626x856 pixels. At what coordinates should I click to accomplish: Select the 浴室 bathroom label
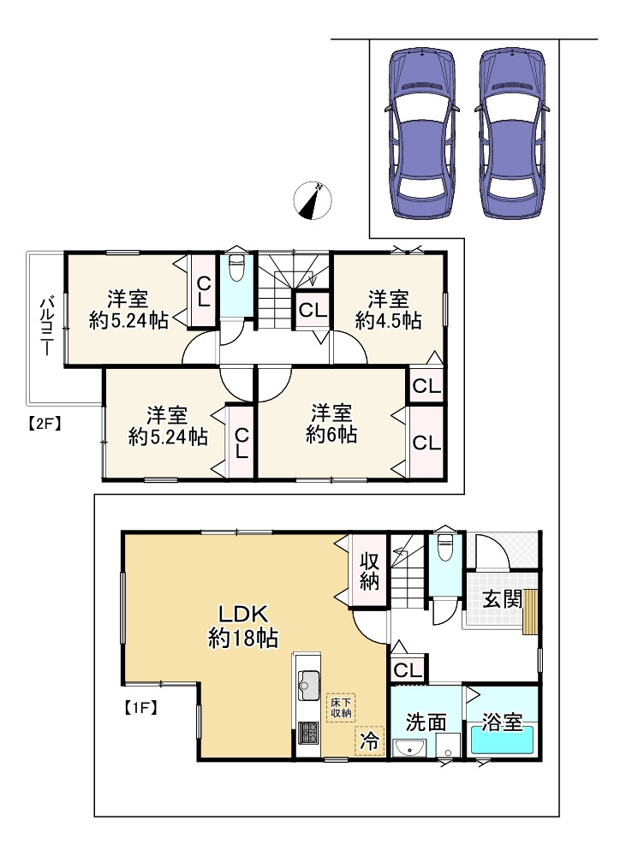click(x=502, y=722)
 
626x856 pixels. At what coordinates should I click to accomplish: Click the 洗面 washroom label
click(x=426, y=722)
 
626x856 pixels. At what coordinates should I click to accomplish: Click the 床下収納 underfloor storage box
click(x=342, y=707)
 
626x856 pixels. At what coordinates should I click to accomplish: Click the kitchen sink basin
click(x=308, y=685)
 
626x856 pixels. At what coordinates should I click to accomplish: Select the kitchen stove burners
click(x=307, y=733)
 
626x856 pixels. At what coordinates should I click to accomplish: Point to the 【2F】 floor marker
click(x=43, y=420)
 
